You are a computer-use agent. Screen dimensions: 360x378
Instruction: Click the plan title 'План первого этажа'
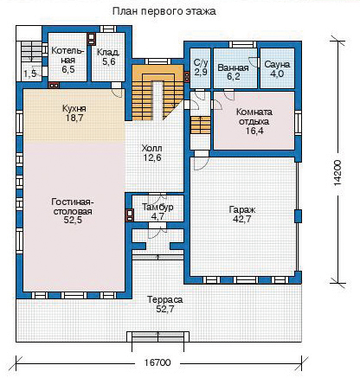click(x=164, y=11)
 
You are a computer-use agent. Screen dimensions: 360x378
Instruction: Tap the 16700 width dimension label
click(x=157, y=362)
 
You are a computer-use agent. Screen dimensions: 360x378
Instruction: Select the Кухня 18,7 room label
click(x=74, y=113)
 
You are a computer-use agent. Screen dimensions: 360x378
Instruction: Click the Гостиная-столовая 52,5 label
click(x=72, y=210)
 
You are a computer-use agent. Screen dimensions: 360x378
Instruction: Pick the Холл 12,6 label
click(x=152, y=153)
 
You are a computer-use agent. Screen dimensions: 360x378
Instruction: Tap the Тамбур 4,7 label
click(x=157, y=211)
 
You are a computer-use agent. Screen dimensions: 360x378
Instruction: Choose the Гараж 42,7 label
click(x=241, y=215)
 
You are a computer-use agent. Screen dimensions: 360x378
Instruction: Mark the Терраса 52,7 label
click(x=165, y=304)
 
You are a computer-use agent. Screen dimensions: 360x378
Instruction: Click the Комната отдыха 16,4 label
click(x=254, y=121)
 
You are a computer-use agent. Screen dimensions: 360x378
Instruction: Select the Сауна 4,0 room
click(x=277, y=68)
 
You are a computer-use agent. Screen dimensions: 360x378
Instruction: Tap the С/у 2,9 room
click(x=200, y=68)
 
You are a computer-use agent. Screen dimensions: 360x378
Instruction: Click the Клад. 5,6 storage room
click(x=108, y=57)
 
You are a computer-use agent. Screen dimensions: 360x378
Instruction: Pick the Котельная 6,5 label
click(x=67, y=60)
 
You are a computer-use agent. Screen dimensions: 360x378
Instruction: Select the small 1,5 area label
click(x=30, y=74)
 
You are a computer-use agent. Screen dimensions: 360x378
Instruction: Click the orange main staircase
click(x=157, y=93)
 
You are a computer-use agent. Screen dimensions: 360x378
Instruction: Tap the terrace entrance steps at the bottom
click(x=158, y=337)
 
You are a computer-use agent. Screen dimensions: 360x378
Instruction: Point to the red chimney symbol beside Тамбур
click(x=129, y=215)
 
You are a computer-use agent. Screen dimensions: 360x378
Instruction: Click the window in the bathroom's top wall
click(x=242, y=44)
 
